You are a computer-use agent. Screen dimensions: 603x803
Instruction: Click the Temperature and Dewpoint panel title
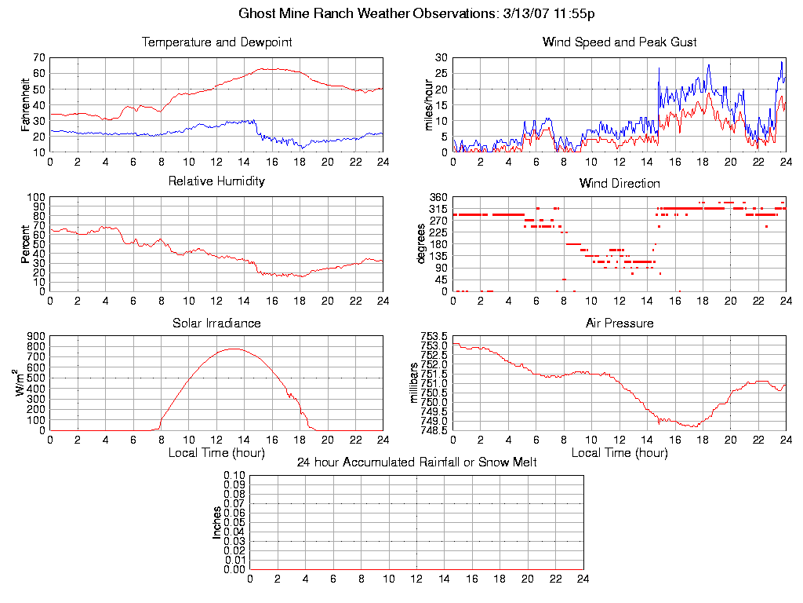(216, 42)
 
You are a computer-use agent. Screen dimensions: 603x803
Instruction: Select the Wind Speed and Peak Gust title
(620, 42)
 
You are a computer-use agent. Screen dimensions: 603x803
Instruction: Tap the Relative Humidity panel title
(216, 181)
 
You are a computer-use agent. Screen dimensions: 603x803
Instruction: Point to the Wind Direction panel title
(620, 184)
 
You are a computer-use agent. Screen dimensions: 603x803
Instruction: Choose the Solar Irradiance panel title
(216, 323)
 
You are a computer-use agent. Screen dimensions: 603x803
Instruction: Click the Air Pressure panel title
(620, 323)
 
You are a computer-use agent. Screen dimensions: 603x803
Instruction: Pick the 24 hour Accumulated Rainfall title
(416, 462)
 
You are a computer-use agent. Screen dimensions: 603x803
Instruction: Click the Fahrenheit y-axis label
(25, 105)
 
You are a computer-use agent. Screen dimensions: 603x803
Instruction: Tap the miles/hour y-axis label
(428, 105)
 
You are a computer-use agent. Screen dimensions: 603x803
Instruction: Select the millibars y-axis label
(415, 382)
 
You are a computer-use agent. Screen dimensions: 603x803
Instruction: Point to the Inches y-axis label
(217, 522)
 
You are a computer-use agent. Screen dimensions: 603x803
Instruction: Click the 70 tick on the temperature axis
(38, 58)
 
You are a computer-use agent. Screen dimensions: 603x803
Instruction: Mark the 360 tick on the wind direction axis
(438, 197)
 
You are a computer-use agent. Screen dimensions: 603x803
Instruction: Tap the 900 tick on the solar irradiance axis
(35, 336)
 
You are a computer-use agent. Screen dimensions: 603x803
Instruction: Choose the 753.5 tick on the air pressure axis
(434, 336)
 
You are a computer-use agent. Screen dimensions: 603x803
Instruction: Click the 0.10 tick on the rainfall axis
(234, 476)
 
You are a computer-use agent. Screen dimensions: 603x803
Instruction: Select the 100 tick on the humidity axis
(35, 197)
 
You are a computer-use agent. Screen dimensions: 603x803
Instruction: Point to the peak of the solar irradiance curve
(234, 349)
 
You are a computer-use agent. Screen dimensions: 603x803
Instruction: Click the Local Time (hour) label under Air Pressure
(620, 452)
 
